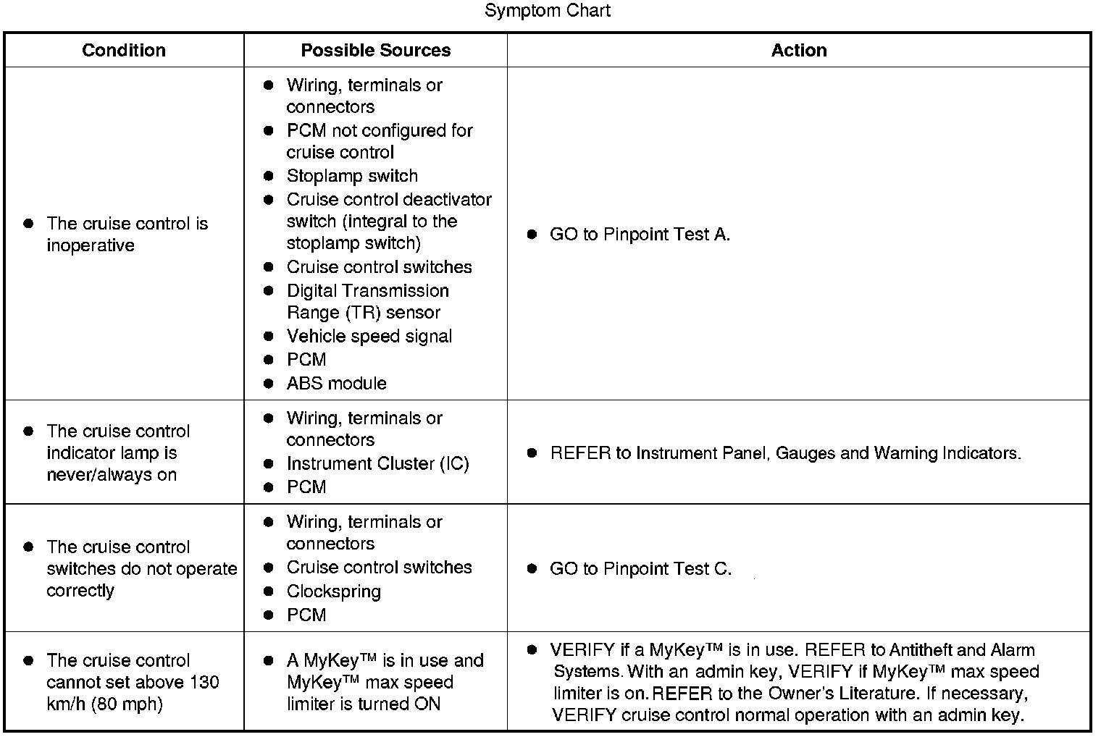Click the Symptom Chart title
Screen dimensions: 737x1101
pos(547,11)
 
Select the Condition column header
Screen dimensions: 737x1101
pos(124,50)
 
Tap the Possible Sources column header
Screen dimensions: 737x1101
pos(375,50)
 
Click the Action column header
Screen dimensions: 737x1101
pos(798,50)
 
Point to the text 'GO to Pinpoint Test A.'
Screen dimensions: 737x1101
pos(640,235)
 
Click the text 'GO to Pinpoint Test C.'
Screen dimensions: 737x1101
pos(640,569)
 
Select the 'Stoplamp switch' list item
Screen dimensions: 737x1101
pos(352,176)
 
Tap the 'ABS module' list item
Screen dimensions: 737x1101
pos(336,383)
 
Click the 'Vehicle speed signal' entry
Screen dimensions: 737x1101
pos(369,336)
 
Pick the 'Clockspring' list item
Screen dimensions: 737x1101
pos(333,591)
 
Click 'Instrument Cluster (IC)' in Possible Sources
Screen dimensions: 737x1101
pos(377,463)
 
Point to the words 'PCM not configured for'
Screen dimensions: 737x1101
pos(379,130)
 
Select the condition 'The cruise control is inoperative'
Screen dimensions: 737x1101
pos(126,234)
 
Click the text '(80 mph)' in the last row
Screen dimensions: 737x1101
pos(127,704)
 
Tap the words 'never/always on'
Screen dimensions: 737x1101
pos(112,475)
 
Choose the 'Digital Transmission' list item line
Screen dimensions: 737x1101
pos(367,290)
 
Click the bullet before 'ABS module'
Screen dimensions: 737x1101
pos(269,383)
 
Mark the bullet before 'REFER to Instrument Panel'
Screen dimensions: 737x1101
pos(532,453)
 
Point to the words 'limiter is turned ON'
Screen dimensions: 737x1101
pos(363,704)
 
